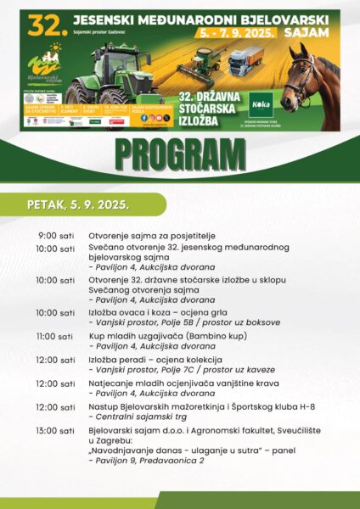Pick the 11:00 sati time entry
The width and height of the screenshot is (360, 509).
click(x=55, y=336)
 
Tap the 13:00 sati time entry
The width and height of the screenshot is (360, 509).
click(x=55, y=431)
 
